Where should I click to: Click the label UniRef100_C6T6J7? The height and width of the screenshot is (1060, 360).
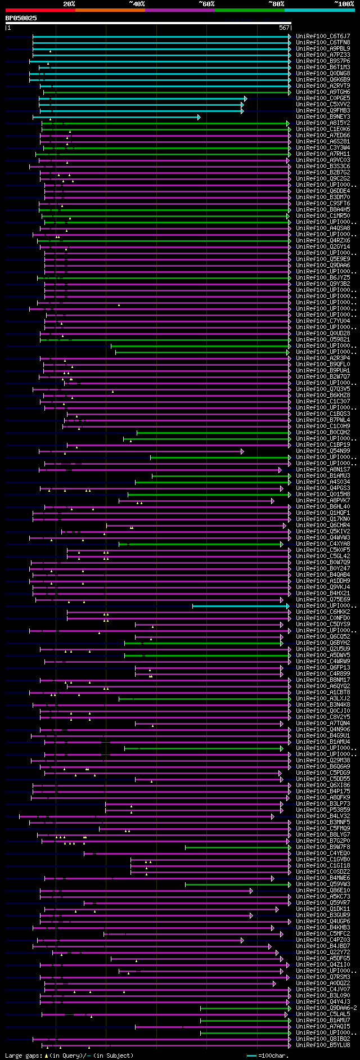coord(323,36)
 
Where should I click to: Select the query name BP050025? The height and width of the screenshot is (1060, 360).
coord(21,18)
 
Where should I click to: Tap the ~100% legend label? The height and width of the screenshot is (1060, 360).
coord(343,3)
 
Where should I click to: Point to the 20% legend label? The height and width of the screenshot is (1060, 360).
coord(69,3)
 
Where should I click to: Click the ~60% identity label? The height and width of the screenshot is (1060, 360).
coord(206,3)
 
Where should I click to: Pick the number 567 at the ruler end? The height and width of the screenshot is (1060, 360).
coord(284,27)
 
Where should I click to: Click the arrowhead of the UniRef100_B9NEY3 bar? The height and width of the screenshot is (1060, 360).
coord(199,117)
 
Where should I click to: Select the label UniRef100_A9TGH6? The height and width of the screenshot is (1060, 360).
coord(323,92)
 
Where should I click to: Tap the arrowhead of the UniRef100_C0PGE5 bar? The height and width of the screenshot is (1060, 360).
coord(245,98)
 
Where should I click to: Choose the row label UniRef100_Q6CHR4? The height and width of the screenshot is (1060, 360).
coord(323,525)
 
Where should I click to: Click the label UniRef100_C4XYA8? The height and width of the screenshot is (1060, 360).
coord(323,544)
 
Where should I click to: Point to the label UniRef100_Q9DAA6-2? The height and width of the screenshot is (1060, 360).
coord(326,1008)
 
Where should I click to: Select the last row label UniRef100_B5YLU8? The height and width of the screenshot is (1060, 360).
coord(323,1045)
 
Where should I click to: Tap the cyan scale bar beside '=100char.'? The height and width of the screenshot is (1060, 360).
coord(252,1055)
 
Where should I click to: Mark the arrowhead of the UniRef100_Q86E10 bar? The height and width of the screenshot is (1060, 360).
coord(251,891)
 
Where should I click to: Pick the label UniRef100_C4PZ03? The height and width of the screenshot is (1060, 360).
coord(323,940)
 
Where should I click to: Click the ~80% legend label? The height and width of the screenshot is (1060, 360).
coord(276,3)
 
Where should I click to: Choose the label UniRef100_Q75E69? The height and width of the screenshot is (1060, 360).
coord(323,599)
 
